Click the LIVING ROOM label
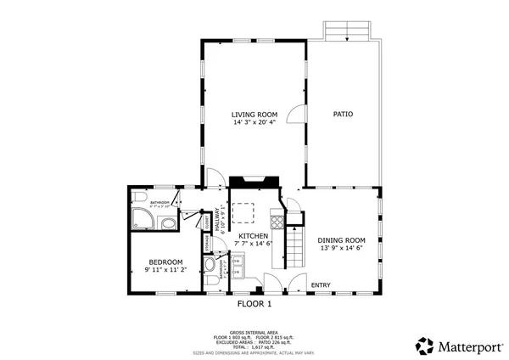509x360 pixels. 254,114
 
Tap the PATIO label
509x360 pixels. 343,114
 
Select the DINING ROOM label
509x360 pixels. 341,240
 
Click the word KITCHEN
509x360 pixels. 253,235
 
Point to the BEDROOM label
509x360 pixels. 165,262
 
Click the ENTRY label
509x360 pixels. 321,284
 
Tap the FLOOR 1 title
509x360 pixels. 253,303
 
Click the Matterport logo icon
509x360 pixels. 425,346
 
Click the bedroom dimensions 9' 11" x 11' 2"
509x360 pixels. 165,271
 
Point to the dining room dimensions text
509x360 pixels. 341,249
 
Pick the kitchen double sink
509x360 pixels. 239,273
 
